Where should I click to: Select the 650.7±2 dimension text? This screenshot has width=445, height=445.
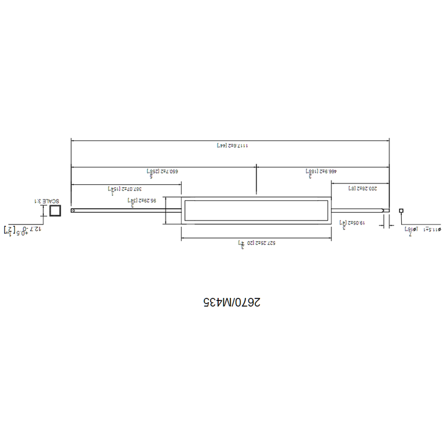click(x=162, y=171)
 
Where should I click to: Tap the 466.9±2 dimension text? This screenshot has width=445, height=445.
click(x=320, y=171)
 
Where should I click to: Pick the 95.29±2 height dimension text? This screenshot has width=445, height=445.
click(x=142, y=201)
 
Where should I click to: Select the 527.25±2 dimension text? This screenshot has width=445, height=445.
click(x=256, y=244)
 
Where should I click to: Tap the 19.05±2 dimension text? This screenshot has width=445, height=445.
click(x=352, y=222)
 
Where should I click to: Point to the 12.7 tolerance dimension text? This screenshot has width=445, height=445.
click(x=23, y=229)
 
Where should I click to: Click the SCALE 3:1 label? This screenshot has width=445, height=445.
click(x=46, y=201)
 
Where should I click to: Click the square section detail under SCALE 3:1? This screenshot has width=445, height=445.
click(x=54, y=211)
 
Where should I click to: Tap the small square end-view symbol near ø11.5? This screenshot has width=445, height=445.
click(x=401, y=211)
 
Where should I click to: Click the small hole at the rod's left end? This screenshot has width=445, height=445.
click(x=73, y=211)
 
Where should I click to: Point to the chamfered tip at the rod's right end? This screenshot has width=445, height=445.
click(x=387, y=211)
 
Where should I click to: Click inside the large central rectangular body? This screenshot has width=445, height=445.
click(x=256, y=211)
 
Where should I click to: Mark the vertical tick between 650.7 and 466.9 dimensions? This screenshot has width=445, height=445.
click(x=256, y=180)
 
